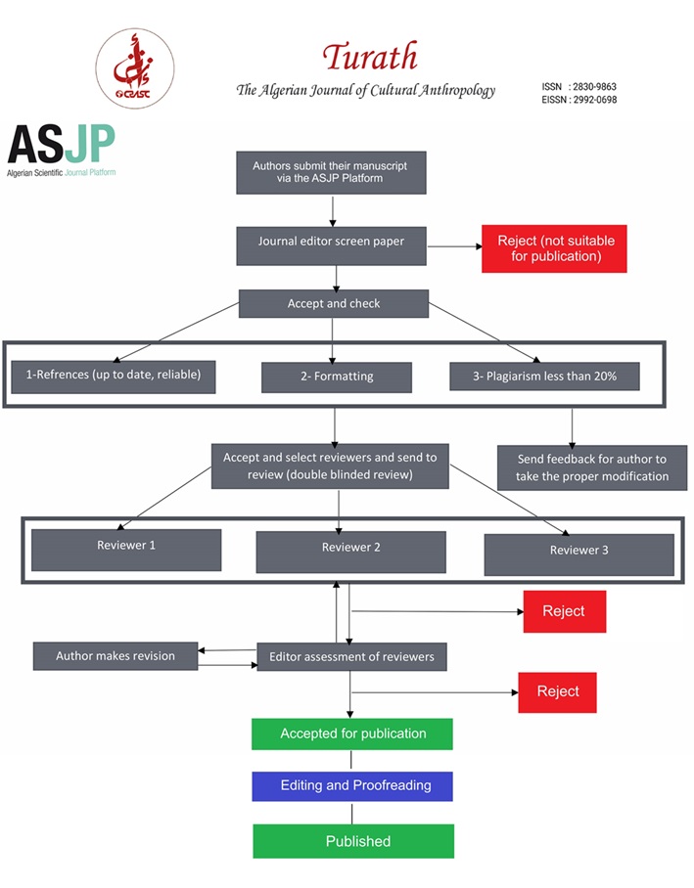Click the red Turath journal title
click(370, 57)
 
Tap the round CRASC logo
click(135, 68)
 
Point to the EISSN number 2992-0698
click(595, 100)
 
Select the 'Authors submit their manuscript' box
click(331, 173)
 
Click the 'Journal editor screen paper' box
click(331, 245)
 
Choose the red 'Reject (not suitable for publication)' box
click(555, 248)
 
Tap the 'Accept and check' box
click(334, 303)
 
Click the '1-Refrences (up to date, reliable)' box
click(114, 377)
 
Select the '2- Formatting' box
click(337, 377)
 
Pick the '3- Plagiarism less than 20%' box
click(545, 377)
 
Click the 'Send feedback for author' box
click(592, 467)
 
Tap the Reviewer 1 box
click(126, 550)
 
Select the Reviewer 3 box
click(578, 555)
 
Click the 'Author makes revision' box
click(116, 656)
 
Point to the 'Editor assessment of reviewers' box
click(352, 657)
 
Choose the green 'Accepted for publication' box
click(352, 733)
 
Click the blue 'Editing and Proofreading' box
click(352, 786)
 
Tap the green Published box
click(353, 841)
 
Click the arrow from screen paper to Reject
click(454, 246)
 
